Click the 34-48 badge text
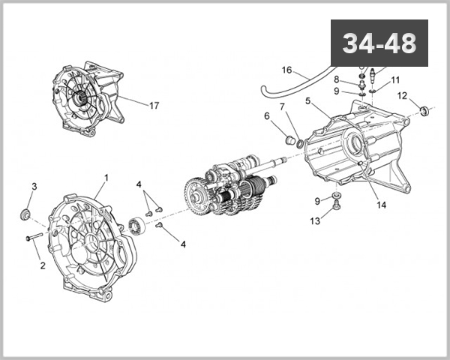click(x=379, y=43)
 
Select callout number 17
click(x=154, y=106)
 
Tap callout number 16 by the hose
click(x=286, y=70)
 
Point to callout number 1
click(x=106, y=178)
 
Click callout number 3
click(x=34, y=186)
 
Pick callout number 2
click(x=42, y=265)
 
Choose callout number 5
click(x=308, y=100)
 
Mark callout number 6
click(x=266, y=115)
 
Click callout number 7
click(x=282, y=107)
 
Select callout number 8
click(x=337, y=79)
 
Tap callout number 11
click(x=395, y=80)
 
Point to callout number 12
click(x=402, y=95)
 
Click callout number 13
click(x=316, y=220)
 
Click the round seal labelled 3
click(x=25, y=215)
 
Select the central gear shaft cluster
click(x=229, y=191)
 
